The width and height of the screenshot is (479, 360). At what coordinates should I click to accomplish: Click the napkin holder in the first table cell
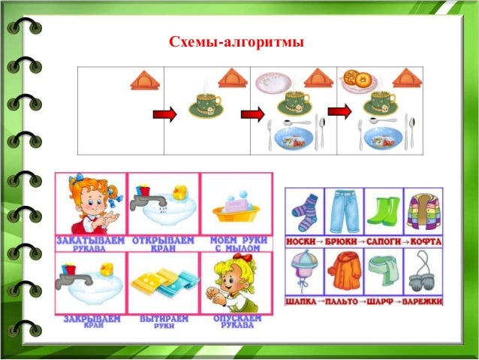[x=145, y=79]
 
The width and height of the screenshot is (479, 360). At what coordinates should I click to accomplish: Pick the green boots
[x=384, y=211]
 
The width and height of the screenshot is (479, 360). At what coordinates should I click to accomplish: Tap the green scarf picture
[x=384, y=272]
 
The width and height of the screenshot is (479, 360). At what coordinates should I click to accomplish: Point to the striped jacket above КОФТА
[x=423, y=211]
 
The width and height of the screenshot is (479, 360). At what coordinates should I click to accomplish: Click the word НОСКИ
[x=301, y=243]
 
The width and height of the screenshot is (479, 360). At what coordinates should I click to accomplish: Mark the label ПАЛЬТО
[x=344, y=302]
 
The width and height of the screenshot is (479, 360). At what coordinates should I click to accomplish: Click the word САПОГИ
[x=384, y=243]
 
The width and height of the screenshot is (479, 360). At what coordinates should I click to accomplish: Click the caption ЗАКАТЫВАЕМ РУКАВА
[x=90, y=244]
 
